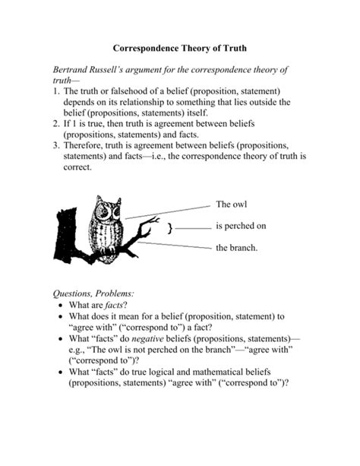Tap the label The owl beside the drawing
pyautogui.click(x=232, y=204)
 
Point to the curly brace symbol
pyautogui.click(x=172, y=227)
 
